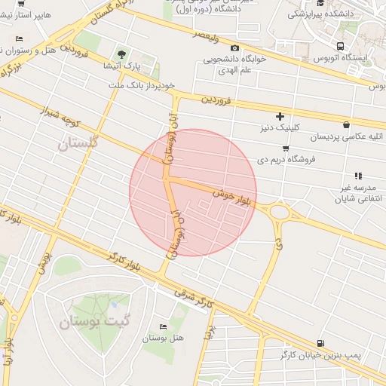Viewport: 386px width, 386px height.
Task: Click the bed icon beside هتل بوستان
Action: coord(164,326)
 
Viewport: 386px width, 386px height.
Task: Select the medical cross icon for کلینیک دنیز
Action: coord(280,116)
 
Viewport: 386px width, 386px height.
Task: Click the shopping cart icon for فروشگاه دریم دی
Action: coord(285,148)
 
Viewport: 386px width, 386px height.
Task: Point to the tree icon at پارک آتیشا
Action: coord(121,53)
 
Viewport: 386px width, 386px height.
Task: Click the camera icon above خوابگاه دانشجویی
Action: coord(234,48)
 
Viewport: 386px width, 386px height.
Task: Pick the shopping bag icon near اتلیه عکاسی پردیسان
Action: coord(346,125)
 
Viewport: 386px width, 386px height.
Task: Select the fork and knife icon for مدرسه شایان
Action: coord(358,176)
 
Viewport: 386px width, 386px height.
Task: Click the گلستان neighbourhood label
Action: coord(78,142)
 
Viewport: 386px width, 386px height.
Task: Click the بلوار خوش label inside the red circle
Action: coord(230,198)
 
